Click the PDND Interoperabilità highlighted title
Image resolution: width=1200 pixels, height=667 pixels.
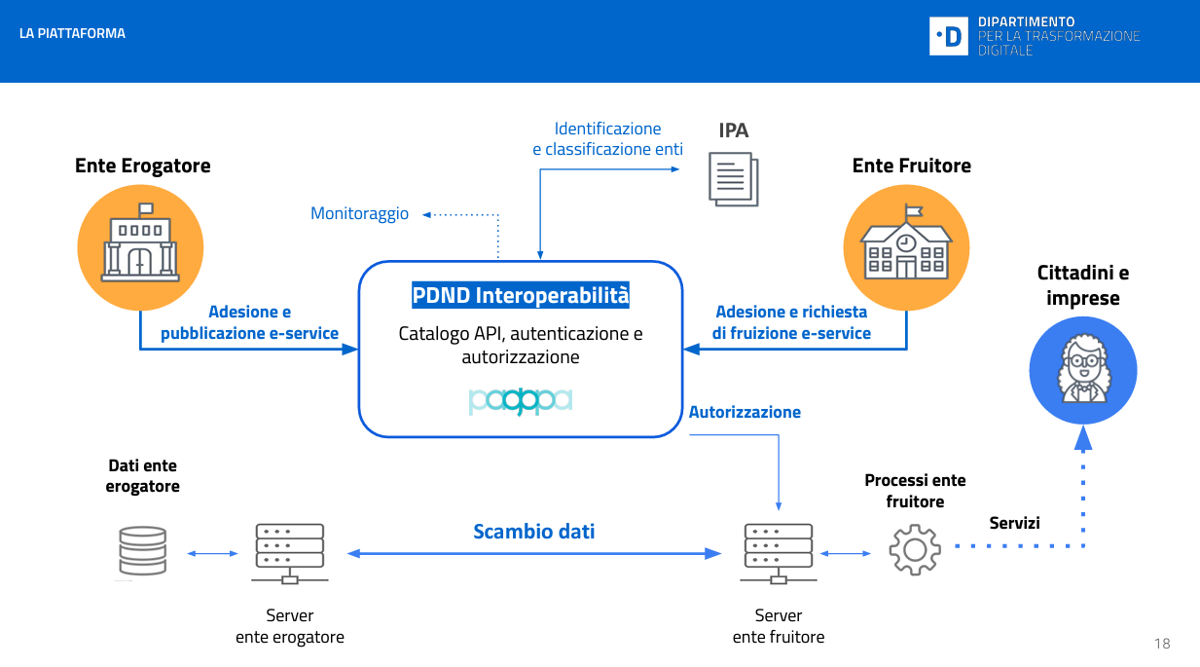pyautogui.click(x=521, y=295)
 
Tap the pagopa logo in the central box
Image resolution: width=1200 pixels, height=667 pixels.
pyautogui.click(x=521, y=400)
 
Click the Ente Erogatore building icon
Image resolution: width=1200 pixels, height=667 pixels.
pyautogui.click(x=140, y=247)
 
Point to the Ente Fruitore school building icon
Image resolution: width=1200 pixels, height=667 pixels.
pyautogui.click(x=906, y=247)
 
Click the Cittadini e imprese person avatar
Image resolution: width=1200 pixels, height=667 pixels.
pyautogui.click(x=1082, y=371)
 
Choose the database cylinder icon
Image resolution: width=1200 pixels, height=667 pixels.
pyautogui.click(x=142, y=553)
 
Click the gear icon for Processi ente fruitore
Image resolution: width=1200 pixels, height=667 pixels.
pyautogui.click(x=914, y=549)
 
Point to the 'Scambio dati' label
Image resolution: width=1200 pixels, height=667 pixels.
pyautogui.click(x=533, y=532)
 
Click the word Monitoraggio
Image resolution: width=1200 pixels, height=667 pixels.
pyautogui.click(x=359, y=213)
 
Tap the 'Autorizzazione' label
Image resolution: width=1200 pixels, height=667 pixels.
pyautogui.click(x=745, y=412)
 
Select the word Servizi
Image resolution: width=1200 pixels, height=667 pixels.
pyautogui.click(x=1014, y=523)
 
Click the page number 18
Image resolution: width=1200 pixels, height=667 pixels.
pyautogui.click(x=1162, y=644)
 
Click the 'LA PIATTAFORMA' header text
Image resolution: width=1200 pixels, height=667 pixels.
pyautogui.click(x=72, y=33)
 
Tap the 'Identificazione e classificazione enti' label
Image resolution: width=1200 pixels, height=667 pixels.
pyautogui.click(x=607, y=139)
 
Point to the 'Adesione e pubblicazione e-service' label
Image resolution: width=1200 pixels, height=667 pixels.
pyautogui.click(x=249, y=322)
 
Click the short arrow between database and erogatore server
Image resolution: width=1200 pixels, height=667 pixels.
pyautogui.click(x=212, y=554)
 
